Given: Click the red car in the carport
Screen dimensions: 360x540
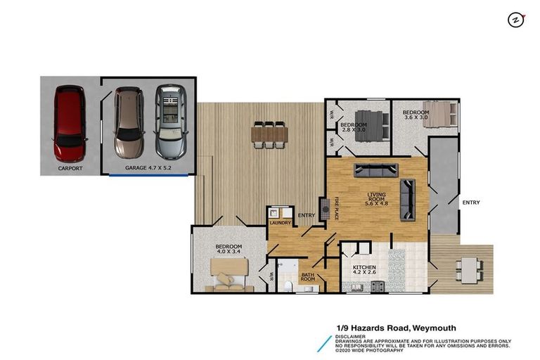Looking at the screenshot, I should click(70, 123).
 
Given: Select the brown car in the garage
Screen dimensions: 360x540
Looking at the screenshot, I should click(129, 122).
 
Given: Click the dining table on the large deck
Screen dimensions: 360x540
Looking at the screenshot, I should click(269, 134).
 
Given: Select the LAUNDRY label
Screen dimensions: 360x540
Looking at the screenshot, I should click(279, 224).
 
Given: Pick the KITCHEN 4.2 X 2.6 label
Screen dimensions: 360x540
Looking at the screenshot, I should click(364, 271).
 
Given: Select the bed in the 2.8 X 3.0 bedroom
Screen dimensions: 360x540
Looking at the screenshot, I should click(371, 126).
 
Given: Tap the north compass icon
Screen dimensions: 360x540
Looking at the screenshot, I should click(515, 20).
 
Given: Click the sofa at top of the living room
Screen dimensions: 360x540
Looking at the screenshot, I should click(375, 169).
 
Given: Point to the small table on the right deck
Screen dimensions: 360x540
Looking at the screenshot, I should click(468, 267).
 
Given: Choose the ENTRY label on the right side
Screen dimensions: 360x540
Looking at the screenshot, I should click(470, 202).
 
